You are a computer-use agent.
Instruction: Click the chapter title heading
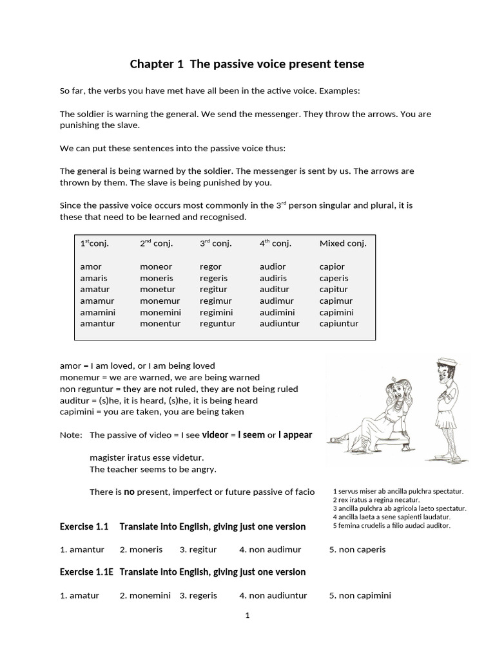247,64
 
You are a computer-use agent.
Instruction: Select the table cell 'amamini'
95,312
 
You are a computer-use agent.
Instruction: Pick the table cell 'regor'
210,266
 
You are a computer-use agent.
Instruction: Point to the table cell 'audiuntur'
279,324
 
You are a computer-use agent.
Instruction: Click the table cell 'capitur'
334,290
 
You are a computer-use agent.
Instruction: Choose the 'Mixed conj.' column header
342,243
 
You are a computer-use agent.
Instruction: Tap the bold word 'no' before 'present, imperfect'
129,492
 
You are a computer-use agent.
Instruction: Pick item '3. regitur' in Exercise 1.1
198,550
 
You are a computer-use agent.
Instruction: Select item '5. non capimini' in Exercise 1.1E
360,595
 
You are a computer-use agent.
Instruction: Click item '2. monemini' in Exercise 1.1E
145,595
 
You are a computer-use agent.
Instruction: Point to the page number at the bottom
247,615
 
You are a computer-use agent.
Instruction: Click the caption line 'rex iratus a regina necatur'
376,500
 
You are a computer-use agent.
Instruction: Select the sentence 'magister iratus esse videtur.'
146,458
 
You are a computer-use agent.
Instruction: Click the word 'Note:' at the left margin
71,435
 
